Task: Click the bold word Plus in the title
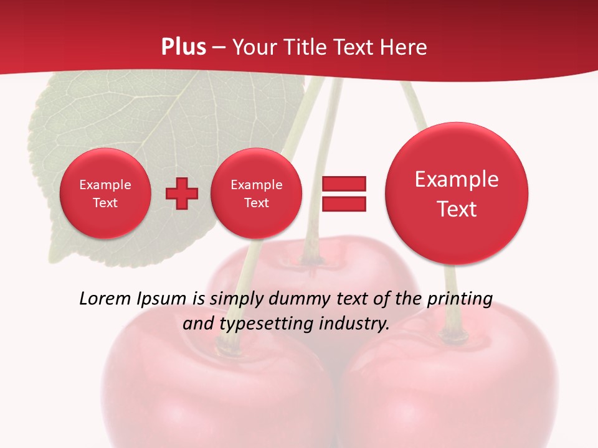(x=184, y=47)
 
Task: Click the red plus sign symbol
(x=182, y=194)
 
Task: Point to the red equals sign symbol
(x=344, y=194)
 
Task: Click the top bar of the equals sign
(x=344, y=184)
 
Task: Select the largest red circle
(x=457, y=194)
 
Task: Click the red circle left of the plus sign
(x=105, y=194)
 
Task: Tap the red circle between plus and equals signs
(x=256, y=194)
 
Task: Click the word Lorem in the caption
(x=103, y=299)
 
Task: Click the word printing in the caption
(x=460, y=299)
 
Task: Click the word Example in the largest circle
(x=457, y=180)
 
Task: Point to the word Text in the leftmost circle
(x=105, y=203)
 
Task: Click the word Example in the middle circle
(x=256, y=185)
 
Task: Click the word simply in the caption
(x=235, y=299)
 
